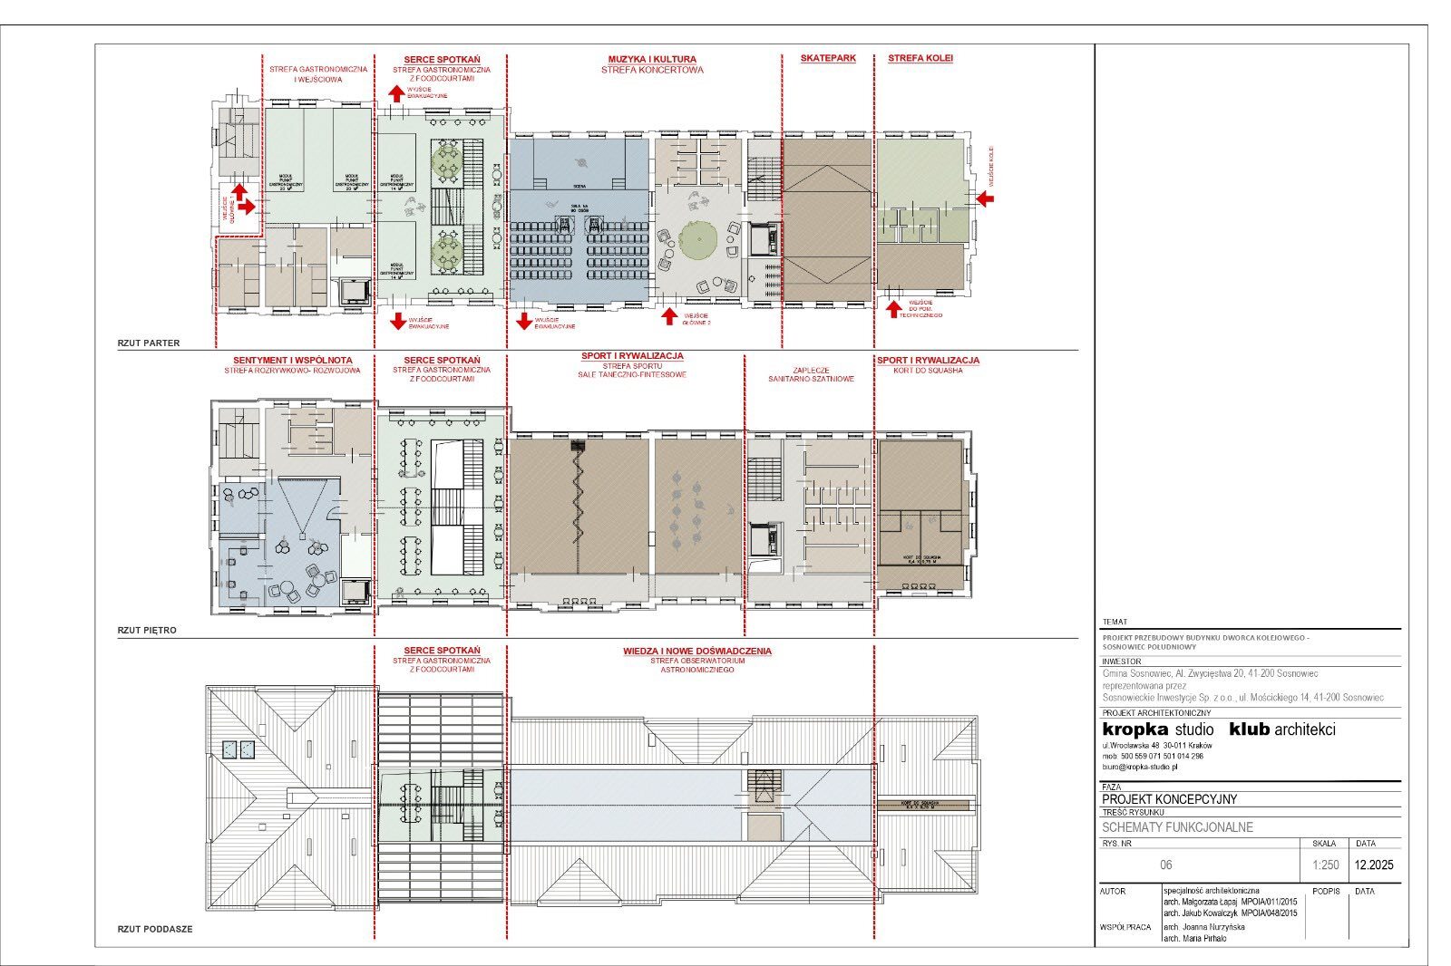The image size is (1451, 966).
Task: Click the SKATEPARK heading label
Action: (x=828, y=58)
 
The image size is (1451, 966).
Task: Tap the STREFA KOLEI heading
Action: (x=920, y=58)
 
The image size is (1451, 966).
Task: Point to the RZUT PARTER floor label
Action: (x=149, y=343)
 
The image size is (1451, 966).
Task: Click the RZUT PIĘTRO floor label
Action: (x=147, y=630)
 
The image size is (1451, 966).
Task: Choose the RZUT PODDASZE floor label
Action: (x=155, y=929)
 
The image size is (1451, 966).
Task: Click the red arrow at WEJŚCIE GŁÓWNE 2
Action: (x=669, y=316)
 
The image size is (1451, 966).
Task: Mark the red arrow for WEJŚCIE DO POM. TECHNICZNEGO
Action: (x=893, y=309)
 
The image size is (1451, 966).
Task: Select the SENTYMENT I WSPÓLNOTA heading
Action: (x=292, y=360)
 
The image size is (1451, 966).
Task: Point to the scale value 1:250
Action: (x=1325, y=865)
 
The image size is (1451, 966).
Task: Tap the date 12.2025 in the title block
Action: (x=1374, y=865)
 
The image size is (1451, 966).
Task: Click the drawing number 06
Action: (x=1166, y=865)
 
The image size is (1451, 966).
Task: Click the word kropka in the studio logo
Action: (x=1135, y=729)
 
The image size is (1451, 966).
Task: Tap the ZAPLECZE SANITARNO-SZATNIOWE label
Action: (x=810, y=375)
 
